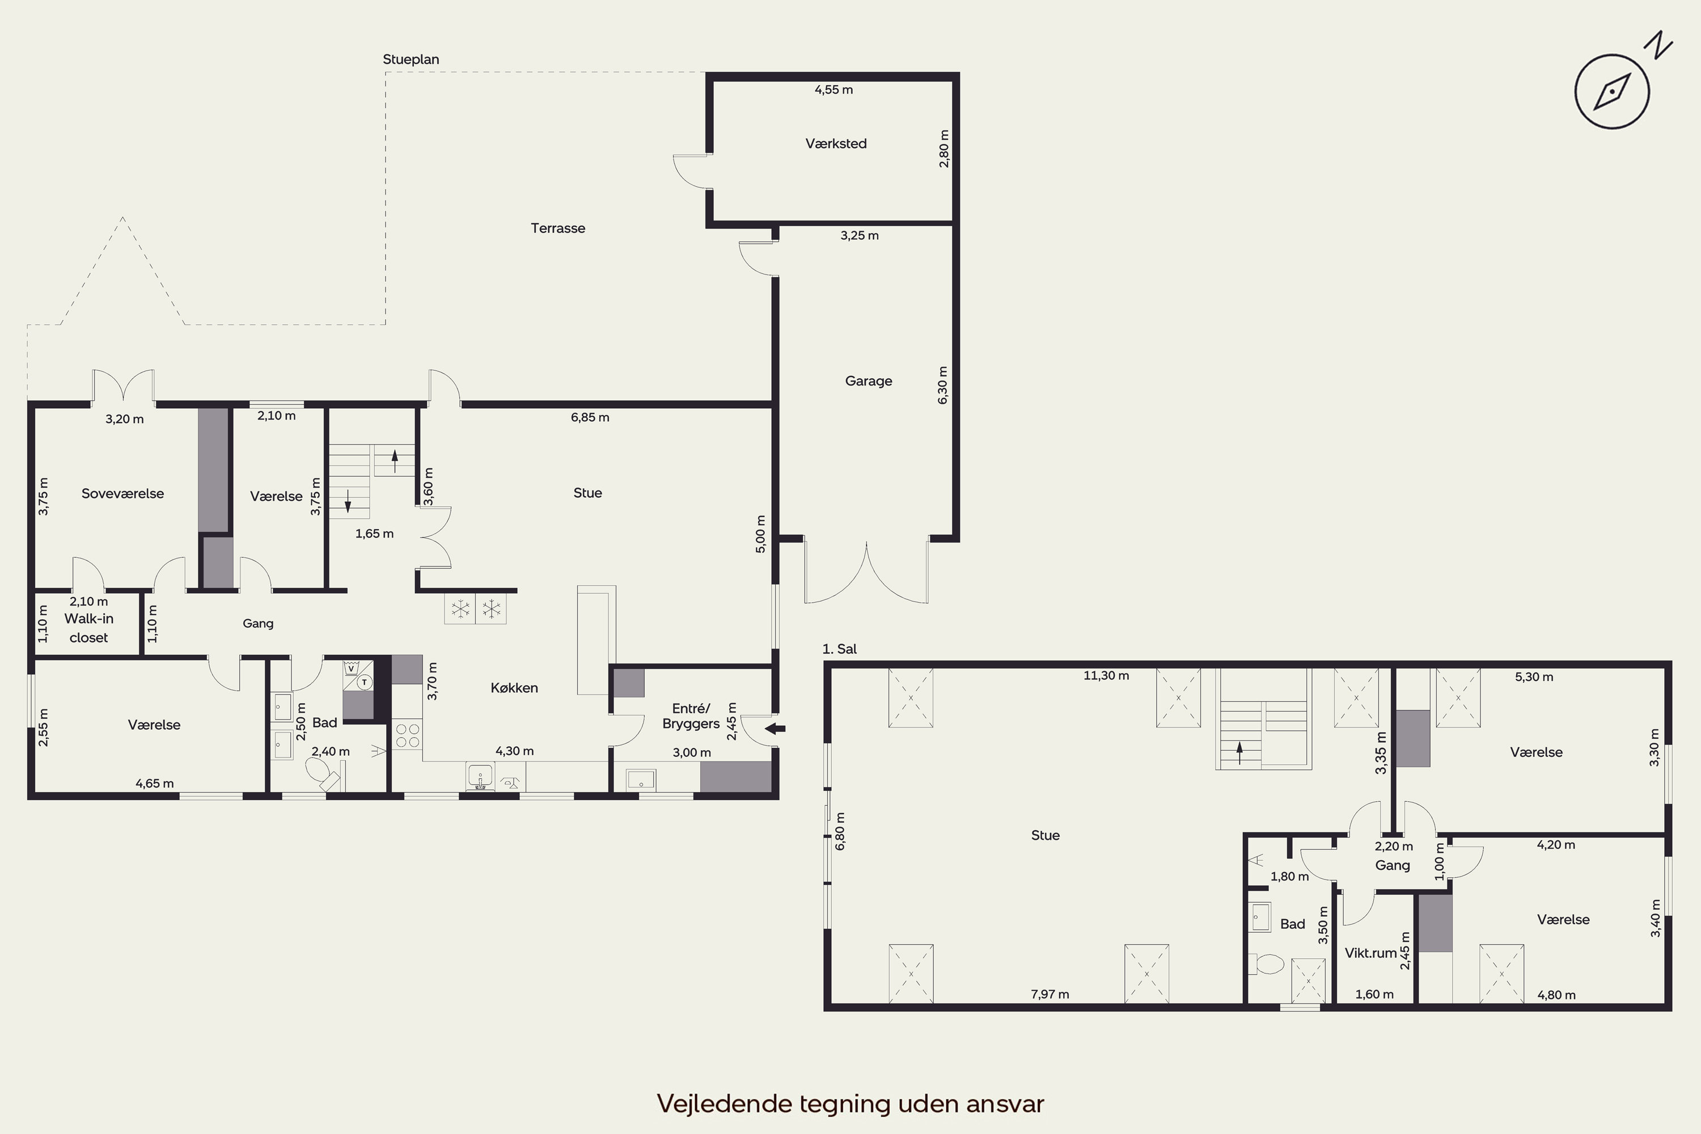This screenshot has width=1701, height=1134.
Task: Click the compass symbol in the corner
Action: pyautogui.click(x=1612, y=92)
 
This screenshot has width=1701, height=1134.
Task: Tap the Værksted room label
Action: pyautogui.click(x=836, y=143)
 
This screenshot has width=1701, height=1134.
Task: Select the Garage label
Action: pyautogui.click(x=869, y=380)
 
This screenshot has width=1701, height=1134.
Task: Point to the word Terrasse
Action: pyautogui.click(x=557, y=228)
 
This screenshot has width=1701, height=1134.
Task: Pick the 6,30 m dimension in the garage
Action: pyautogui.click(x=942, y=385)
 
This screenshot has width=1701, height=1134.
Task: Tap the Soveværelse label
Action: pyautogui.click(x=122, y=493)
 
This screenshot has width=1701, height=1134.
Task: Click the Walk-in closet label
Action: pyautogui.click(x=88, y=628)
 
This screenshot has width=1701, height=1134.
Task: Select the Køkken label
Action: pyautogui.click(x=514, y=688)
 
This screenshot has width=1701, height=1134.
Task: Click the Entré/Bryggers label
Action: pyautogui.click(x=691, y=716)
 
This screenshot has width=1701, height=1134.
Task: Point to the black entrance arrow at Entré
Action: pyautogui.click(x=775, y=728)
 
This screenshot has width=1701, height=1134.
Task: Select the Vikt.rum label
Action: pyautogui.click(x=1370, y=953)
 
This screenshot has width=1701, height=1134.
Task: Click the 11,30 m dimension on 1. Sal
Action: pyautogui.click(x=1106, y=675)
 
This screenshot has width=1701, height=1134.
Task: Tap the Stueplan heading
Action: pyautogui.click(x=411, y=60)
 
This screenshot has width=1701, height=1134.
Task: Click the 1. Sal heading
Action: pyautogui.click(x=840, y=649)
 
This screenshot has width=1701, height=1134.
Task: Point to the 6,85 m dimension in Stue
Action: pyautogui.click(x=590, y=417)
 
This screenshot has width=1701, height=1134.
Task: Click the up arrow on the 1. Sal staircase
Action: pyautogui.click(x=1239, y=753)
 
